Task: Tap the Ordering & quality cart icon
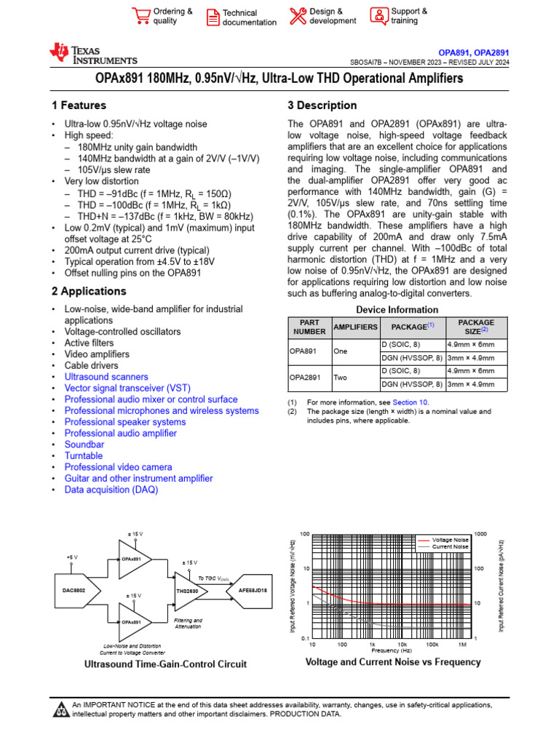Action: tap(140, 16)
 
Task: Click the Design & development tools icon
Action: tap(298, 16)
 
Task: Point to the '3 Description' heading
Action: tap(322, 105)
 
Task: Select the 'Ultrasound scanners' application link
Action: tap(106, 377)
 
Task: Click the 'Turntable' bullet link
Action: tap(84, 455)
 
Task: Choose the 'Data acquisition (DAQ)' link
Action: tap(111, 490)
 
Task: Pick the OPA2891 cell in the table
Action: tap(306, 378)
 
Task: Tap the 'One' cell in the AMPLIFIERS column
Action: tap(341, 350)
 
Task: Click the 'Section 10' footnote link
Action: tap(411, 402)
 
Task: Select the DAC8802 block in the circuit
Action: tap(69, 590)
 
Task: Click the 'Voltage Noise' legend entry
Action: tap(450, 540)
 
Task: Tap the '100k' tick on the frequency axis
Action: tap(432, 645)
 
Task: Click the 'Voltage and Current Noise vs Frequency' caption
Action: tap(392, 662)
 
